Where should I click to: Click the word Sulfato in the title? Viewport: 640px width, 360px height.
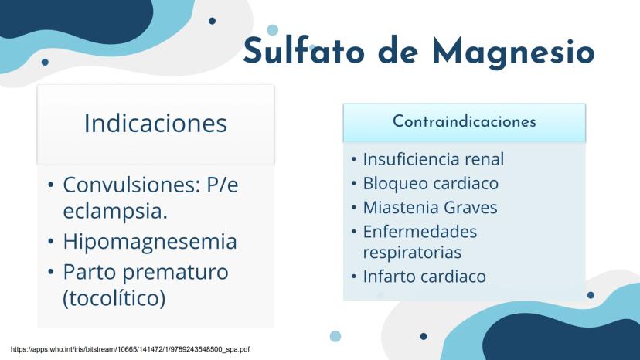[x=304, y=51]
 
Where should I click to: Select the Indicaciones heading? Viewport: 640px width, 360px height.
[x=155, y=124]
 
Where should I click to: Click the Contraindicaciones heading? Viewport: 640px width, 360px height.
[x=465, y=121]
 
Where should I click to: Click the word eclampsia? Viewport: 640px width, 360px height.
[x=115, y=211]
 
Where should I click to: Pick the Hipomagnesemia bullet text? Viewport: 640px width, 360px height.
[x=150, y=241]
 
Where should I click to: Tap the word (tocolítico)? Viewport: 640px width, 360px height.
[x=114, y=298]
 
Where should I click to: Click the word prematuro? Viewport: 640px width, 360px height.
[x=175, y=272]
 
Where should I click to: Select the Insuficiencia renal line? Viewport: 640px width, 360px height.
[x=434, y=159]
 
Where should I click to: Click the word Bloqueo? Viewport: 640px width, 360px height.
[x=396, y=184]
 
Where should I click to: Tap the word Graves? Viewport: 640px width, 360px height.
[x=470, y=207]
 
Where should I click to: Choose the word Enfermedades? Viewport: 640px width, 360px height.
[x=420, y=232]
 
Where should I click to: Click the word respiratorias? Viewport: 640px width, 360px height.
[x=412, y=253]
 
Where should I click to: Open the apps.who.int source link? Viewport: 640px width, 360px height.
[x=130, y=349]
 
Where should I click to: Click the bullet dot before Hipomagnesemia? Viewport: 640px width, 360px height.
[x=50, y=242]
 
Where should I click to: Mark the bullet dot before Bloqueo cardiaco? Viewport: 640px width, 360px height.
[x=354, y=183]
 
